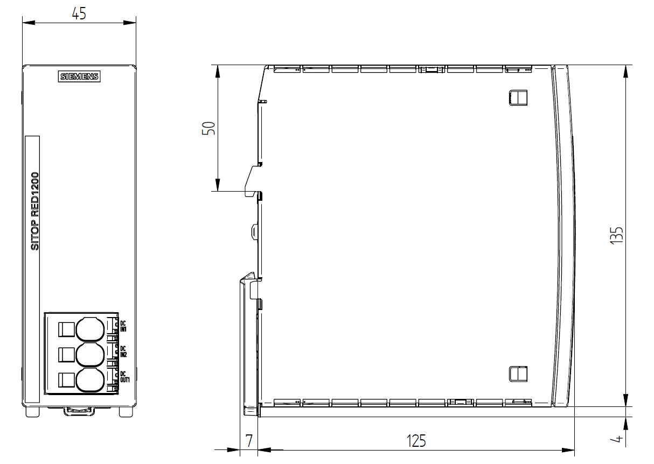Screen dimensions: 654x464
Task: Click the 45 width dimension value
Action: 79,13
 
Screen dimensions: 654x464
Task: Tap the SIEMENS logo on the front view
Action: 79,76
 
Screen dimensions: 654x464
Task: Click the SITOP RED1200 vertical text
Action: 34,211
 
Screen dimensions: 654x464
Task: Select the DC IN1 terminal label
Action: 123,326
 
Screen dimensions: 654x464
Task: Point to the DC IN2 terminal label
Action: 123,351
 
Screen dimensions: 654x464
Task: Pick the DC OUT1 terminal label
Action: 124,377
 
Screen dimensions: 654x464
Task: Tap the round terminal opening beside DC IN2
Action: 90,355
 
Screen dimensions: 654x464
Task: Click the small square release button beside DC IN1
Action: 66,329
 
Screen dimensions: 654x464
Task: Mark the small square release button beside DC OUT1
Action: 66,381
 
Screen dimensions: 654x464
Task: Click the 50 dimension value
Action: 208,128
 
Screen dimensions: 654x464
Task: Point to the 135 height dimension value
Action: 616,236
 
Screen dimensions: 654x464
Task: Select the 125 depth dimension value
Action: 416,441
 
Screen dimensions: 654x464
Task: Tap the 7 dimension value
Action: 249,441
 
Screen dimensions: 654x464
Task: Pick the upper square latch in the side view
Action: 518,97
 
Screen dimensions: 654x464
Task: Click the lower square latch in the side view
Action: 518,374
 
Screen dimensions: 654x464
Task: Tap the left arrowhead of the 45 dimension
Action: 29,23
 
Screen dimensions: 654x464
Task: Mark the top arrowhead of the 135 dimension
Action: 625,72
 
